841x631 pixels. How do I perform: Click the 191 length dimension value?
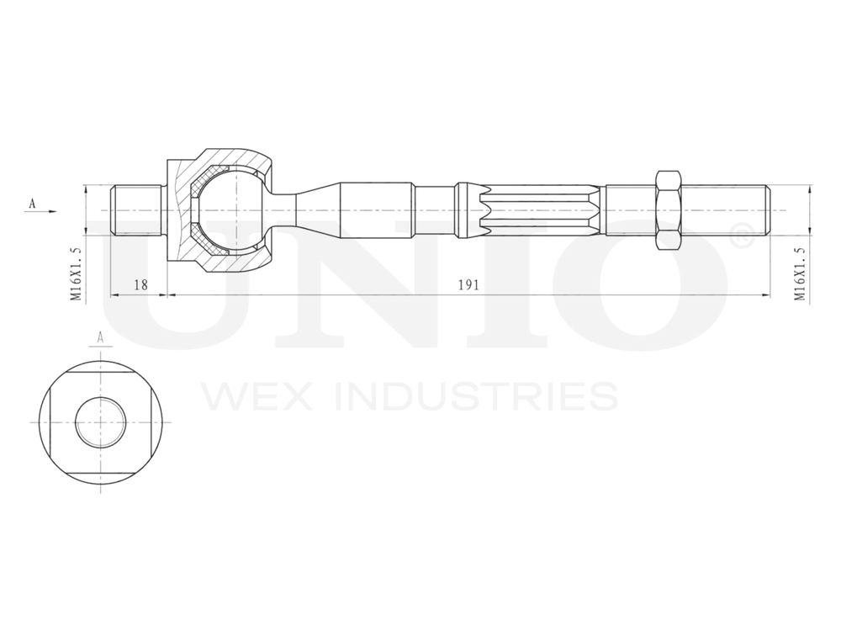pos(468,285)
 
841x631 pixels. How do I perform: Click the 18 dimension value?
pos(140,285)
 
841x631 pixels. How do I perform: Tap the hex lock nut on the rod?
pos(667,210)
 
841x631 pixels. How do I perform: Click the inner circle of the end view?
pos(100,422)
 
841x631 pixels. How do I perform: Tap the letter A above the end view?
pos(100,337)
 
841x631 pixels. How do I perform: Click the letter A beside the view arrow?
pos(32,203)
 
